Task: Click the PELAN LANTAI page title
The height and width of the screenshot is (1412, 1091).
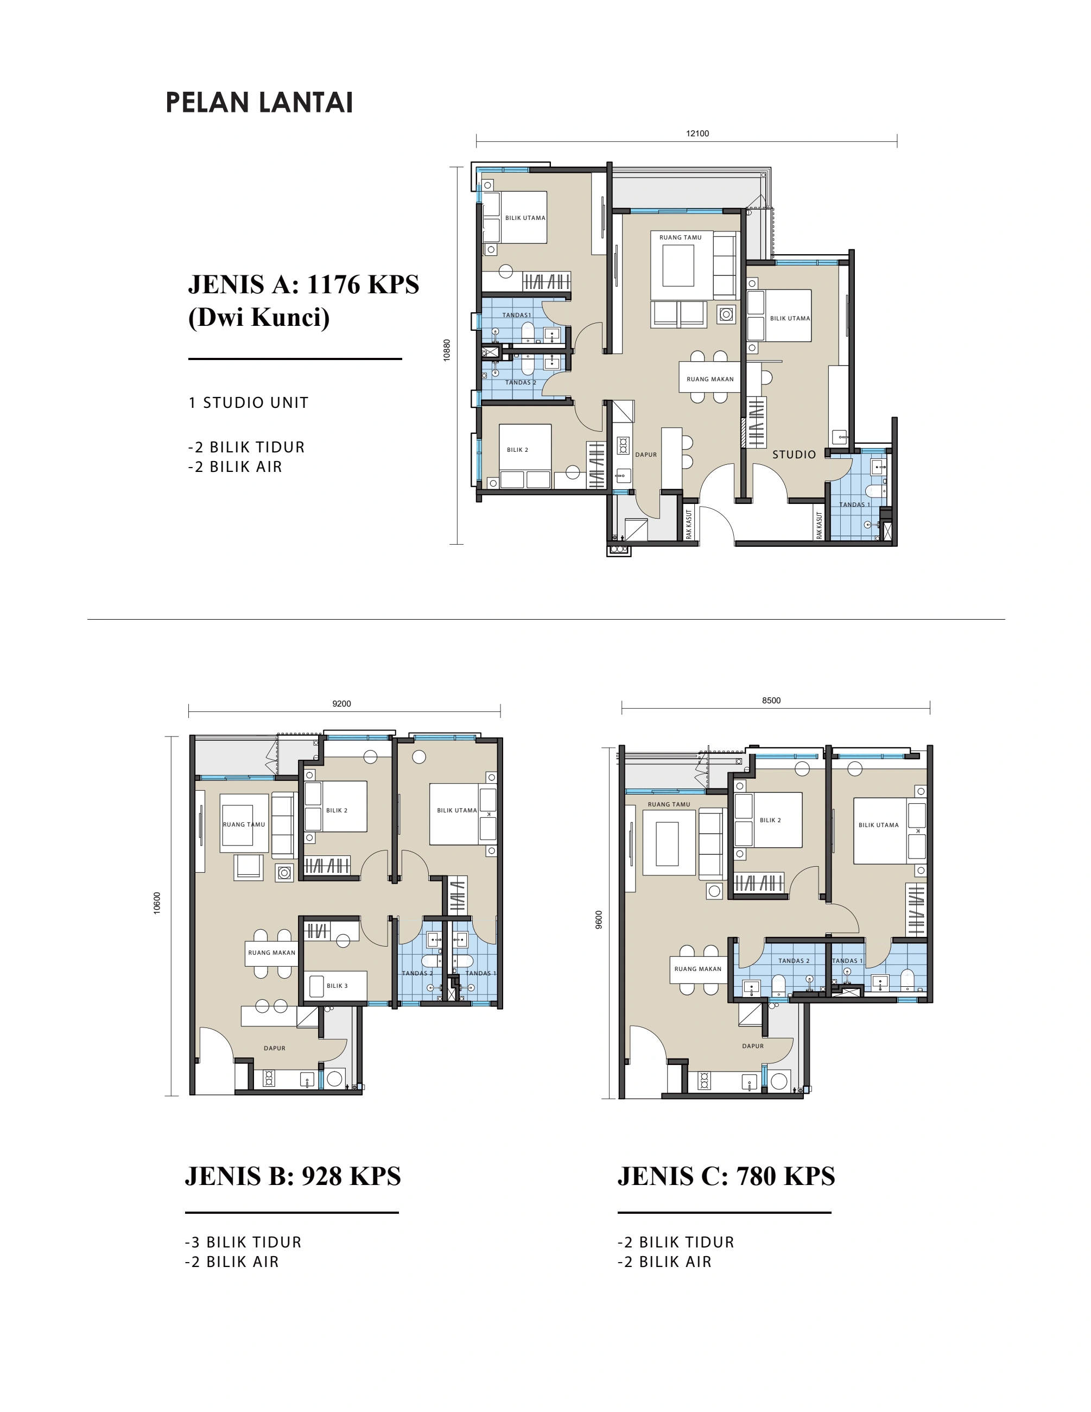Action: (x=259, y=103)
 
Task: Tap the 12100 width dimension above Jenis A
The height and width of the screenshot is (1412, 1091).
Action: (x=697, y=134)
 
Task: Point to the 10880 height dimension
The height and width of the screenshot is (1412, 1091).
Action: (x=447, y=350)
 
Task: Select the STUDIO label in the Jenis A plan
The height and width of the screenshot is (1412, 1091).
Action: (x=794, y=455)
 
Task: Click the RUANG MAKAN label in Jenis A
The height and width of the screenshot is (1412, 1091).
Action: (x=711, y=380)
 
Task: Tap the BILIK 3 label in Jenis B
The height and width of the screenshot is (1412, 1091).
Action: (x=337, y=986)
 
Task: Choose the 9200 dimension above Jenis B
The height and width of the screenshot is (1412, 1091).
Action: (x=341, y=703)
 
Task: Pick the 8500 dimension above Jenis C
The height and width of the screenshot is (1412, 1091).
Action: (x=771, y=700)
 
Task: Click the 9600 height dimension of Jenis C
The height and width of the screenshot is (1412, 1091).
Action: (x=599, y=920)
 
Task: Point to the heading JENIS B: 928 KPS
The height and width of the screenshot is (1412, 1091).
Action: (x=293, y=1176)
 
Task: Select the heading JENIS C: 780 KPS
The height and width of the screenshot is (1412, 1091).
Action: (x=726, y=1176)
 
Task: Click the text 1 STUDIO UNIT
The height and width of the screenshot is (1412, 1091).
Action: (x=249, y=403)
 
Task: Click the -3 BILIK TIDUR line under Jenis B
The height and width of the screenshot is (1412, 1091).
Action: (x=243, y=1243)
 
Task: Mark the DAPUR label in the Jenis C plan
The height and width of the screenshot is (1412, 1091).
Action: (x=753, y=1046)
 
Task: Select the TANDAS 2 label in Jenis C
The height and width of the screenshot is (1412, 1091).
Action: (x=794, y=961)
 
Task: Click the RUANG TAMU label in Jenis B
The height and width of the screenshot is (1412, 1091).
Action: (x=244, y=824)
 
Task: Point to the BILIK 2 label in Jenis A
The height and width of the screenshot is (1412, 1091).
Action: (x=517, y=450)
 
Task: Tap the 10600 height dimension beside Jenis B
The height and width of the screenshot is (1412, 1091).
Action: (x=157, y=903)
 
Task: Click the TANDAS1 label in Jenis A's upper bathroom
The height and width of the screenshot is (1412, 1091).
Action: (x=516, y=316)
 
